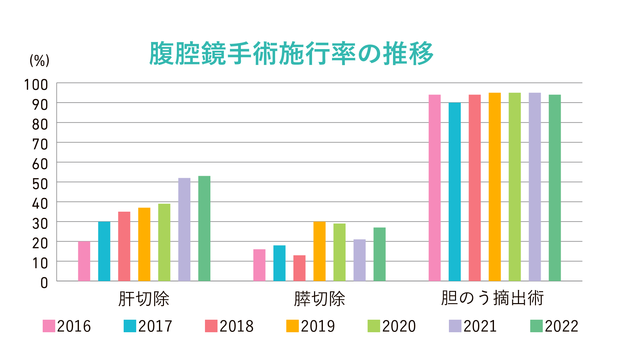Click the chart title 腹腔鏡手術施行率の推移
click(x=291, y=53)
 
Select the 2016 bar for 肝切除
click(x=84, y=261)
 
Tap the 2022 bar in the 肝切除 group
click(x=204, y=229)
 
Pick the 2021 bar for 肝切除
click(x=184, y=230)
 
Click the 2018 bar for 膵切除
click(x=299, y=268)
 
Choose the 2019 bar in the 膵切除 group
click(x=319, y=251)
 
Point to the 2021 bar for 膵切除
click(x=359, y=260)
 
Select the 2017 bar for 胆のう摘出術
click(x=455, y=192)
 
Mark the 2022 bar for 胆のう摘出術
click(x=555, y=188)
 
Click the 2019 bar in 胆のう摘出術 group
click(x=495, y=187)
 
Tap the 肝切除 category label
click(x=144, y=299)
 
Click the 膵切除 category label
click(x=319, y=299)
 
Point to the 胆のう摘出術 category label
click(x=492, y=298)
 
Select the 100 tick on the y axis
click(x=36, y=85)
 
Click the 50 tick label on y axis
click(x=40, y=184)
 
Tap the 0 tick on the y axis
click(x=44, y=283)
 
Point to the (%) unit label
click(x=39, y=61)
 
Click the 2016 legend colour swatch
click(x=49, y=326)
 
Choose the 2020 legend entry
click(x=392, y=326)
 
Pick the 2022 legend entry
click(x=554, y=326)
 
